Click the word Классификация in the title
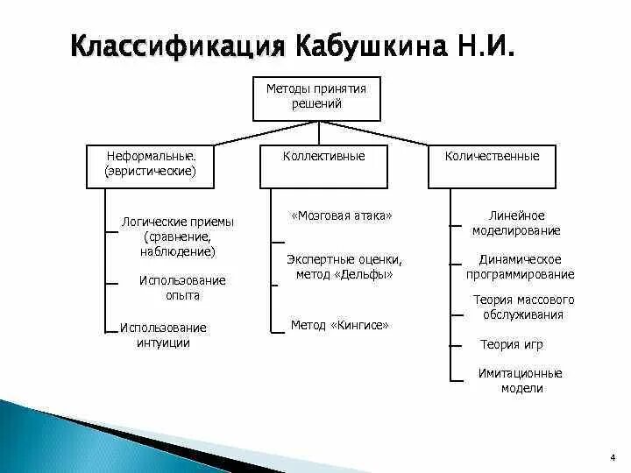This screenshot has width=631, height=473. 178,45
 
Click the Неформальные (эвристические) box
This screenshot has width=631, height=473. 150,166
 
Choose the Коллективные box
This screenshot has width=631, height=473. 323,166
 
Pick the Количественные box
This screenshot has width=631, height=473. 492,166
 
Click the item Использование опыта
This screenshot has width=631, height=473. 182,287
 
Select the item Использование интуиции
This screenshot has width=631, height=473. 163,335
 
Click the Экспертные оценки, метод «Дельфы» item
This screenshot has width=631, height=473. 344,266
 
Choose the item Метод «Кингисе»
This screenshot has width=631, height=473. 339,325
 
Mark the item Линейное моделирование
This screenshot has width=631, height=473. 516,223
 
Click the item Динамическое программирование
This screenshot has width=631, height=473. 521,266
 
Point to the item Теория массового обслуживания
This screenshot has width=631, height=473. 523,307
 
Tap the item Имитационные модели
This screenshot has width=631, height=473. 521,380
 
